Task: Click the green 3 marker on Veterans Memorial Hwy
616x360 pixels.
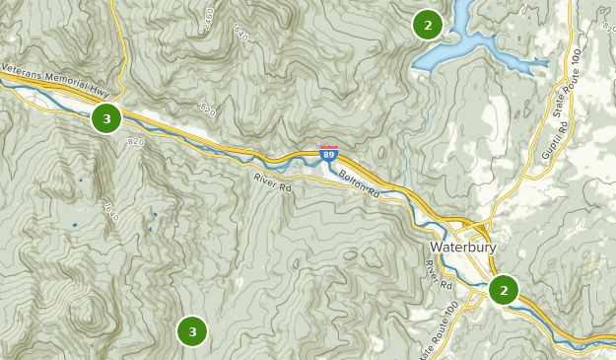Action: (106, 119)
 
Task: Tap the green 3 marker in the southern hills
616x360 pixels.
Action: (192, 331)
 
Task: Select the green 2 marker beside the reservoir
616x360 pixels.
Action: (427, 25)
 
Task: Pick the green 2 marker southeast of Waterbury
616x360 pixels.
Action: (504, 290)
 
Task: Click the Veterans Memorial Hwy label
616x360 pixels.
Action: (56, 79)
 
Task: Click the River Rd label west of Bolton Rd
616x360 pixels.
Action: (273, 182)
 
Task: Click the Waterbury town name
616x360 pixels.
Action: (463, 247)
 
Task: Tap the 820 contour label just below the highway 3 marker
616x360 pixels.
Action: (135, 144)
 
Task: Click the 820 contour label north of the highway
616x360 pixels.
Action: (206, 108)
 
